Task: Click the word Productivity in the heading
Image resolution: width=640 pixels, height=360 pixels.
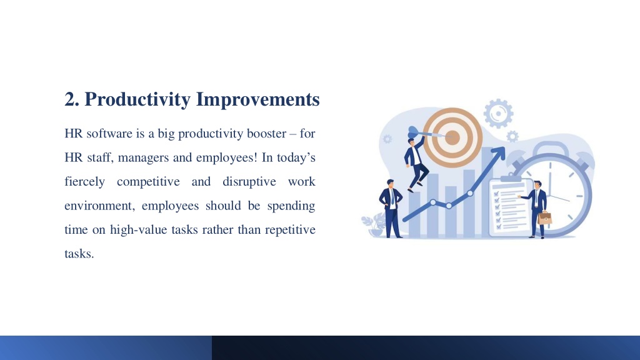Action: point(137,99)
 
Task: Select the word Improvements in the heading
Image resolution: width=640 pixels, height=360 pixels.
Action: point(258,99)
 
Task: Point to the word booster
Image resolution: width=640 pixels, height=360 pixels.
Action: point(266,134)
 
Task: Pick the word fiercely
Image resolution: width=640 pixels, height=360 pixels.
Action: point(84,182)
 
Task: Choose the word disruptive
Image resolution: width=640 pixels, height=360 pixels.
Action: point(249,182)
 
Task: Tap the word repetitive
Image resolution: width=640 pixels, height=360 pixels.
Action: point(290,230)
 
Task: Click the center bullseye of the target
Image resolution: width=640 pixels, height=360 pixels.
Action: point(452,137)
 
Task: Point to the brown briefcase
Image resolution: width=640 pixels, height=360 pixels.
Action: point(544,217)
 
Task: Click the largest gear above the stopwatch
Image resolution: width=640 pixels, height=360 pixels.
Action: point(498,114)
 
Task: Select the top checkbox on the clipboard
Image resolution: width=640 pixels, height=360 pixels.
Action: point(497,194)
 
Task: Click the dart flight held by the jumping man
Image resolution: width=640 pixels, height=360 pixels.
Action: point(413,131)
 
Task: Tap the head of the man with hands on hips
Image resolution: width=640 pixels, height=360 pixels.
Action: point(391,184)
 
